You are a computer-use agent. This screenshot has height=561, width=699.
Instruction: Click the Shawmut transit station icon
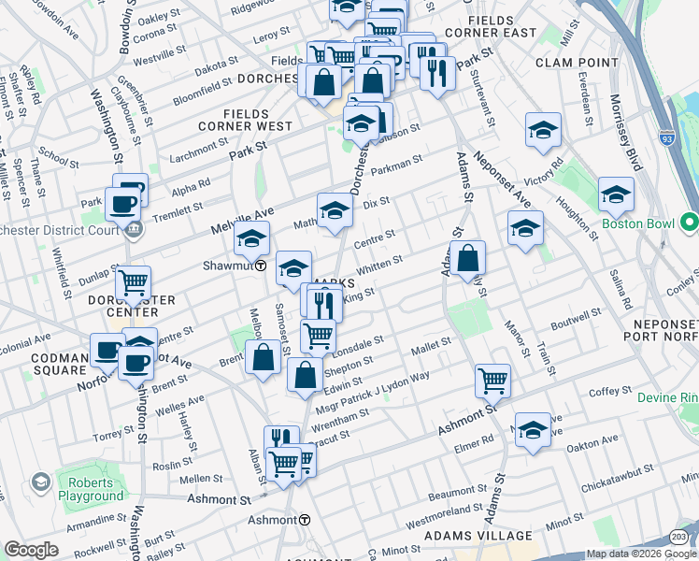pos(260,266)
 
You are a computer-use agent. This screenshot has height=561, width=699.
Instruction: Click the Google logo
pos(31,550)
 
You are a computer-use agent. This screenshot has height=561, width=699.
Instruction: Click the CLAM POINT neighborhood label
pos(577,63)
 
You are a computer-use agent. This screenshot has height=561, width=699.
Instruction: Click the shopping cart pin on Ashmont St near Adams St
pos(492,380)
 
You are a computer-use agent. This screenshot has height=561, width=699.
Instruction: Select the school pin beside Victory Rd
pos(543,130)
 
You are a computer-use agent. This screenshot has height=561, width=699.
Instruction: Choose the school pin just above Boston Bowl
pos(616,194)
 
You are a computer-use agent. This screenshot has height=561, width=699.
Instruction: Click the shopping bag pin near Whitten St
pos(467,256)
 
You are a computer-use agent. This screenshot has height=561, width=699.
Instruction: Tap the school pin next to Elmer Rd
pos(533,429)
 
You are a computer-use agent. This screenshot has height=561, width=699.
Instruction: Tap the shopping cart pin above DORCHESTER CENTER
pos(133,281)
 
